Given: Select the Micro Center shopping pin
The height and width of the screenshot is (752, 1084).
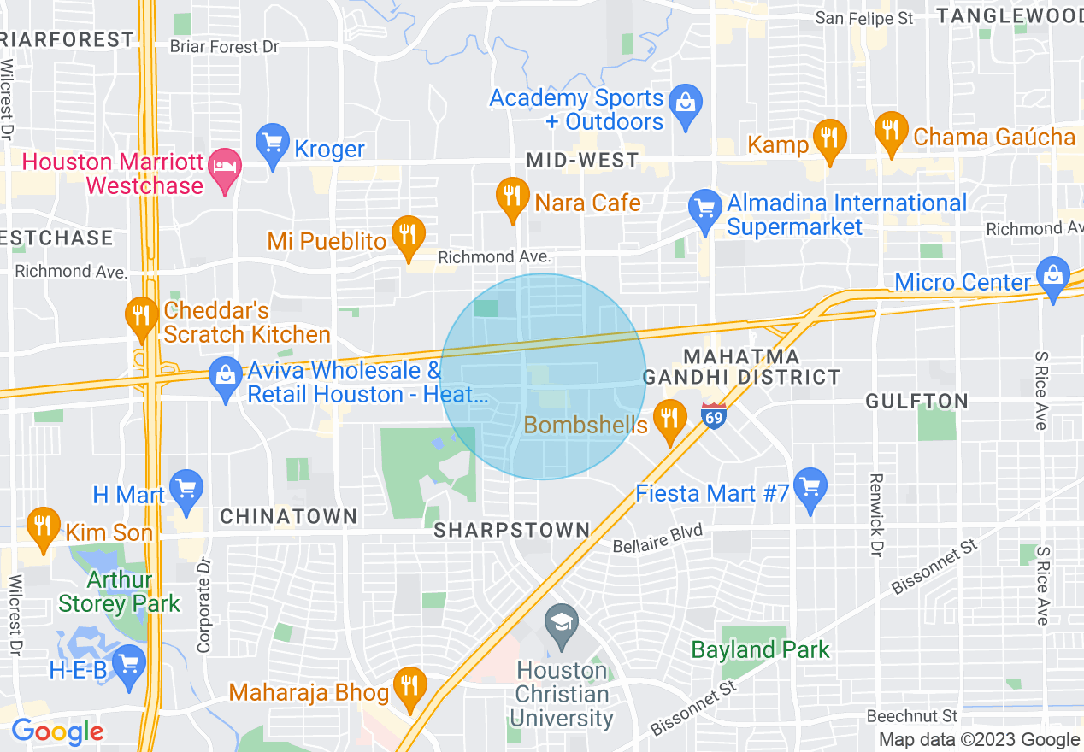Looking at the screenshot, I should click(1052, 277).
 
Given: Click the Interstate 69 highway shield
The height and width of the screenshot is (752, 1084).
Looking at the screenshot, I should click(715, 416).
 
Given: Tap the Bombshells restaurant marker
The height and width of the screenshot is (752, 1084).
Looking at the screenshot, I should click(669, 420).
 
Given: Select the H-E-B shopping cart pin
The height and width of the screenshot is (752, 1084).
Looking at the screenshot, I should click(129, 665).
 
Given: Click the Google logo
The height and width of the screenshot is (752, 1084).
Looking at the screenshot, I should click(57, 731).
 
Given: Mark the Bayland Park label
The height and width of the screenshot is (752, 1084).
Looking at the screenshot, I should click(760, 649).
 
